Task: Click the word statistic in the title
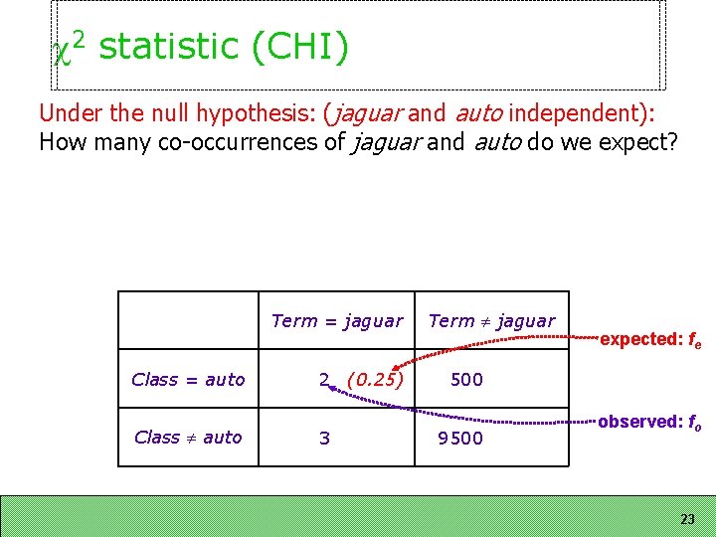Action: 169,47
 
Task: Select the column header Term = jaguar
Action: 337,320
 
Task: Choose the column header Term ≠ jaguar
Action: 491,320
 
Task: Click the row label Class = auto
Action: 188,379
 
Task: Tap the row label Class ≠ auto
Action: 188,437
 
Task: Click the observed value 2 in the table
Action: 324,379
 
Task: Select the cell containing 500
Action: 466,379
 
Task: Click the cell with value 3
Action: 324,438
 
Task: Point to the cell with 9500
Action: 460,438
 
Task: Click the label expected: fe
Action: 651,340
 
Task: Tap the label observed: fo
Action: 651,423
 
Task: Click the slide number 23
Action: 687,519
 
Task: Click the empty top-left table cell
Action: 188,320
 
